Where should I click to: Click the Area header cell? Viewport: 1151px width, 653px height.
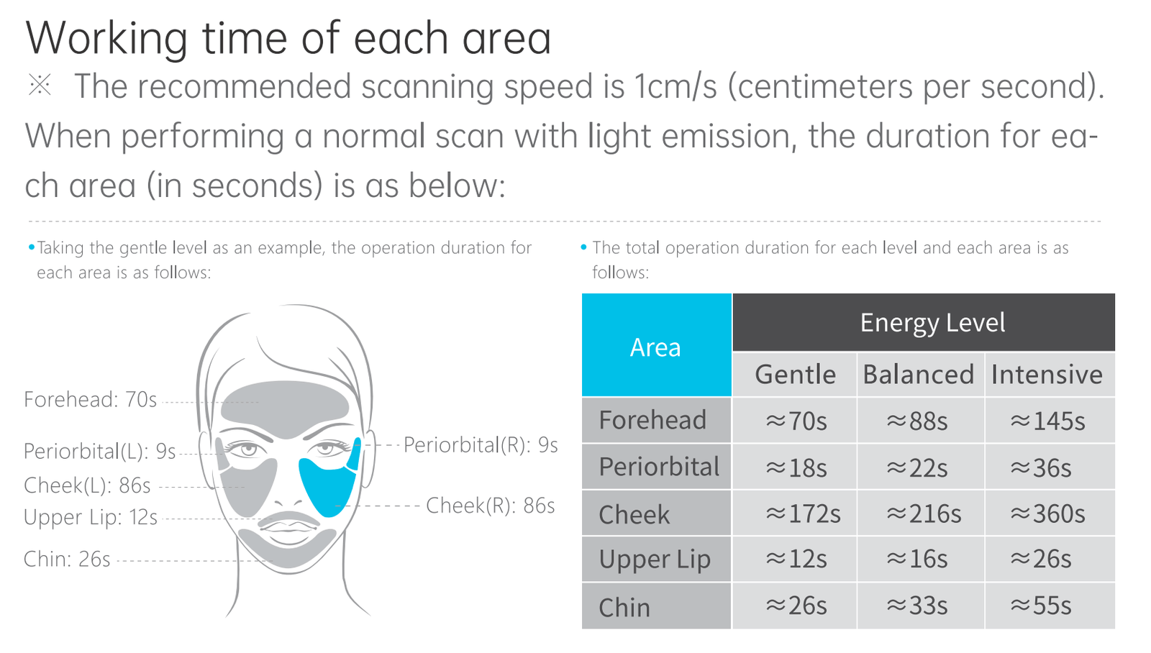pos(656,345)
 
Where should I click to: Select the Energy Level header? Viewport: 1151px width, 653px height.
pos(924,322)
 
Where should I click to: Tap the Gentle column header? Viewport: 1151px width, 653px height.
pos(795,374)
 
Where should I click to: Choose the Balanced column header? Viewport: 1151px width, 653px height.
pos(920,374)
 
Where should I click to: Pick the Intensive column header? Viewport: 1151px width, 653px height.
pos(1050,374)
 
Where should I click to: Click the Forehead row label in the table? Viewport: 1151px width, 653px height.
pos(656,420)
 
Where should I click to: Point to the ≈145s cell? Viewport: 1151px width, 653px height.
pos(1050,420)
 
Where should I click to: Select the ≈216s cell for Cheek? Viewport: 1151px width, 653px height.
pos(920,513)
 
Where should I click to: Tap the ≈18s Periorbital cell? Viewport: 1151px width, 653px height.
pos(795,467)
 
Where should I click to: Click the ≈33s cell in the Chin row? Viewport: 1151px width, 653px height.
pos(920,606)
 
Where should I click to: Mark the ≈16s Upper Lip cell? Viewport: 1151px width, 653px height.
pos(920,559)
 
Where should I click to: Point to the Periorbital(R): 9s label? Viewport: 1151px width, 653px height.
pos(481,445)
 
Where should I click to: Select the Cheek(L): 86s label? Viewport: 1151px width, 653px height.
pos(87,485)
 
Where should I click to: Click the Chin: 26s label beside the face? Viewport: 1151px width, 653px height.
pos(68,559)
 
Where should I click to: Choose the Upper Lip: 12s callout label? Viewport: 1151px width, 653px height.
pos(91,517)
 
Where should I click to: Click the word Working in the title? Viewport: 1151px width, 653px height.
pos(107,39)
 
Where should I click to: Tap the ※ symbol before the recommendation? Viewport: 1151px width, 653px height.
pos(40,86)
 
